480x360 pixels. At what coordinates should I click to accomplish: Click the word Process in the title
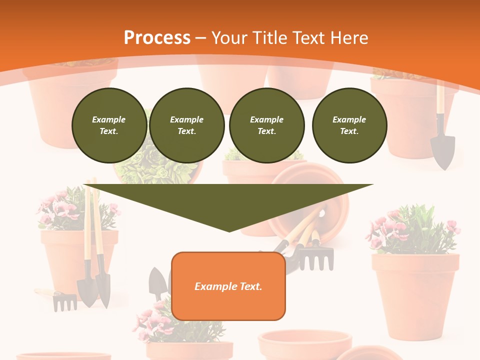[157, 38]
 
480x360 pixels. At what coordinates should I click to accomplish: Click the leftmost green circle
[109, 125]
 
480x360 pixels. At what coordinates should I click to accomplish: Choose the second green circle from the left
[187, 125]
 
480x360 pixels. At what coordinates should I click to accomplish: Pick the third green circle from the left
[267, 125]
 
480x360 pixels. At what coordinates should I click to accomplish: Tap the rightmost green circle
[349, 125]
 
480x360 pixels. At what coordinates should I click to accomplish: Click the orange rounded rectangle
[228, 286]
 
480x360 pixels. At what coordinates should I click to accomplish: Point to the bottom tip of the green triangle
[229, 231]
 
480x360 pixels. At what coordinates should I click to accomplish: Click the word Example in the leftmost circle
[109, 119]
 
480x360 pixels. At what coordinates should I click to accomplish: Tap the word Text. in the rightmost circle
[349, 131]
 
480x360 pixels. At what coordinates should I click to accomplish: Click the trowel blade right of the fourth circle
[443, 151]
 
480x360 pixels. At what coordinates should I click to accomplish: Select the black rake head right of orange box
[316, 257]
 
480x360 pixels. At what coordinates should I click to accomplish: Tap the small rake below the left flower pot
[64, 301]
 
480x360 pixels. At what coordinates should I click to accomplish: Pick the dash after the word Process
[201, 38]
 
